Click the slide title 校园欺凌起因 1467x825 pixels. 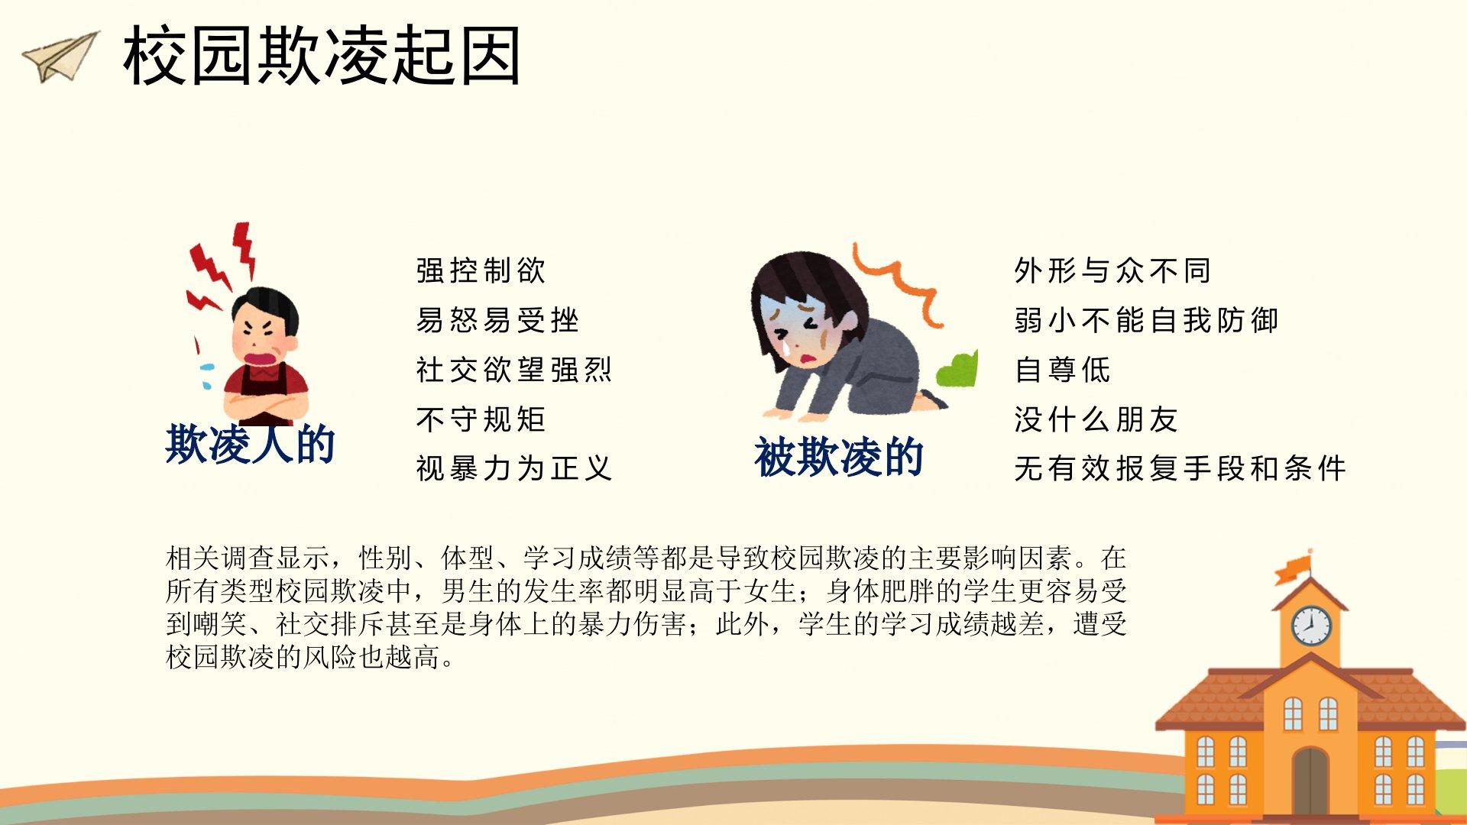coord(322,56)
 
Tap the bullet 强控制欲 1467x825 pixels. coord(481,270)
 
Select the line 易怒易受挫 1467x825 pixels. coord(497,320)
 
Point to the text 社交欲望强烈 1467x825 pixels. coord(513,370)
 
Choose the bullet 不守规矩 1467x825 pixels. coord(481,419)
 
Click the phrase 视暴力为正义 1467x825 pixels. coord(513,468)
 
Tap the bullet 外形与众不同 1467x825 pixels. coord(1112,270)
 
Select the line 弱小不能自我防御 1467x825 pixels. coord(1146,320)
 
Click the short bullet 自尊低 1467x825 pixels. coord(1062,370)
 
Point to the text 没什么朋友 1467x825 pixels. coord(1096,419)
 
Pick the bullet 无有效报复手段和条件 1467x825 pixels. coord(1180,468)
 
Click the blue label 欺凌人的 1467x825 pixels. coord(251,444)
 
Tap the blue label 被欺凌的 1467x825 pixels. coord(839,457)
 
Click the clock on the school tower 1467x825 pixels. coord(1311,626)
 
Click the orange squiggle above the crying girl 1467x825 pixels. coord(899,283)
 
